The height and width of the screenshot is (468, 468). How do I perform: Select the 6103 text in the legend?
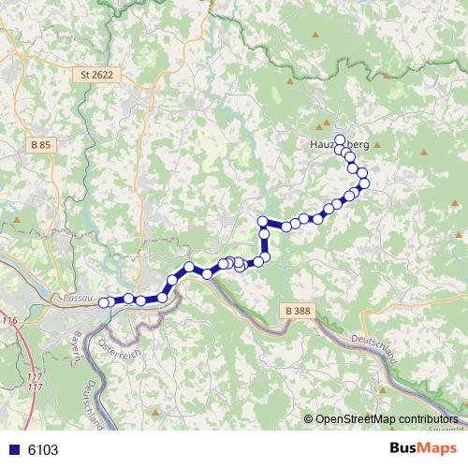[x=43, y=449]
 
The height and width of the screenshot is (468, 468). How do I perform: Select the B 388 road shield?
[x=297, y=310]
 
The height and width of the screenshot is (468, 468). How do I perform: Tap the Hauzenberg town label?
[x=339, y=145]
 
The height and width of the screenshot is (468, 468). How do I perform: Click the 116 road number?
[x=9, y=321]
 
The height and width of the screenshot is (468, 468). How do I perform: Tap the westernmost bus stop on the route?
[x=104, y=301]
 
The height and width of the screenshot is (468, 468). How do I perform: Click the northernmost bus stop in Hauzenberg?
[x=340, y=139]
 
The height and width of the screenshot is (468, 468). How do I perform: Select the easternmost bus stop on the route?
[x=364, y=183]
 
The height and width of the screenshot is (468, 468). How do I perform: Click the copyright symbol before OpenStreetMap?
[x=308, y=419]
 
